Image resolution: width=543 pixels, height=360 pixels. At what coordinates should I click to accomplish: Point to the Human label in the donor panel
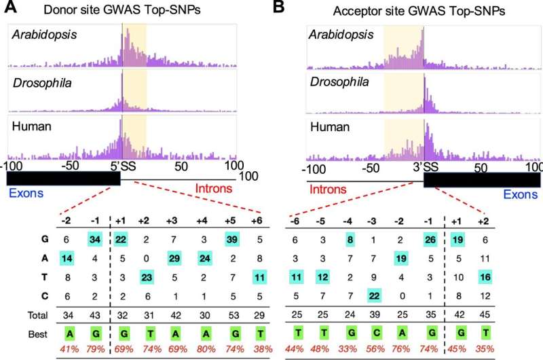(x=30, y=126)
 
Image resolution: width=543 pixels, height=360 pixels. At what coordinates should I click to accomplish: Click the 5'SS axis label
(x=123, y=166)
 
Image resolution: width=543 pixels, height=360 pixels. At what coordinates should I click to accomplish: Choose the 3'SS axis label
(x=424, y=166)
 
